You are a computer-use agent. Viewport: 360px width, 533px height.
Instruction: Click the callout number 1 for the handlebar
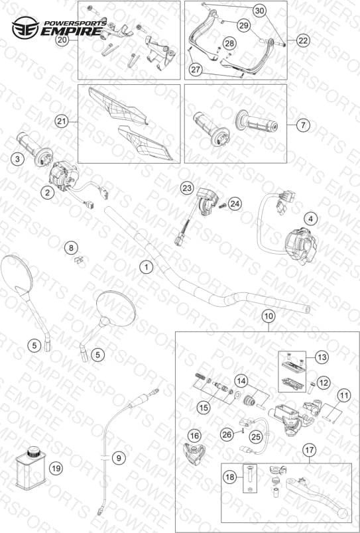pyautogui.click(x=147, y=267)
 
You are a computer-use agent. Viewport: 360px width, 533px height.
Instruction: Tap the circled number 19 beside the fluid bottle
pyautogui.click(x=56, y=469)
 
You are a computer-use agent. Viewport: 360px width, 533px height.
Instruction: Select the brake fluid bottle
pyautogui.click(x=31, y=469)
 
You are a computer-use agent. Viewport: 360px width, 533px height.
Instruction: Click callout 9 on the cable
pyautogui.click(x=119, y=458)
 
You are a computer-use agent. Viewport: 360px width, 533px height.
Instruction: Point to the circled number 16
pyautogui.click(x=195, y=436)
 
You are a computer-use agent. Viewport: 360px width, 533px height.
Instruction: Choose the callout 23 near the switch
pyautogui.click(x=186, y=188)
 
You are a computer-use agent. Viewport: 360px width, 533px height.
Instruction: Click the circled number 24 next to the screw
pyautogui.click(x=235, y=204)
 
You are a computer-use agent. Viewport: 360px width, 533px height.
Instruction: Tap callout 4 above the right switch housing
pyautogui.click(x=310, y=219)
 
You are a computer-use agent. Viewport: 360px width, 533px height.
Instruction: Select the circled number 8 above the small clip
pyautogui.click(x=72, y=248)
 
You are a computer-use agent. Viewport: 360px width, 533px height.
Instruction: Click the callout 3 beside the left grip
pyautogui.click(x=17, y=158)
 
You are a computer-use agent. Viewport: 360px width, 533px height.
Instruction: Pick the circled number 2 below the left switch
pyautogui.click(x=48, y=193)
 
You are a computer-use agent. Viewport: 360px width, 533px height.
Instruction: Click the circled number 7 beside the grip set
pyautogui.click(x=303, y=125)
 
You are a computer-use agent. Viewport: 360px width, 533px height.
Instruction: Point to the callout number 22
pyautogui.click(x=303, y=40)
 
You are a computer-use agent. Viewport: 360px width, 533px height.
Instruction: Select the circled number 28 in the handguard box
pyautogui.click(x=230, y=43)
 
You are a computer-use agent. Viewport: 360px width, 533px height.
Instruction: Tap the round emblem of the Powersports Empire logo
pyautogui.click(x=25, y=28)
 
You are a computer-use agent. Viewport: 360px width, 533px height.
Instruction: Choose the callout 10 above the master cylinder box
pyautogui.click(x=269, y=316)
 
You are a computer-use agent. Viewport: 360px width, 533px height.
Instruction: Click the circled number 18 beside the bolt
pyautogui.click(x=230, y=477)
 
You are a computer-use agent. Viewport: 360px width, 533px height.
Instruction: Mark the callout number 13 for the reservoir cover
pyautogui.click(x=322, y=357)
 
